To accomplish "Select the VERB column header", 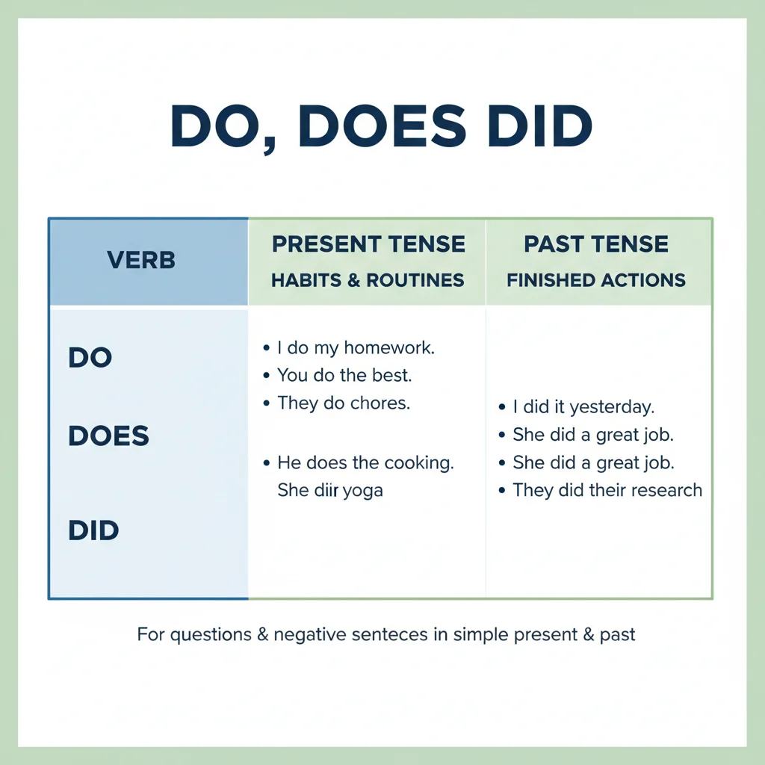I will click(141, 261).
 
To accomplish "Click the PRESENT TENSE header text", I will click(368, 244).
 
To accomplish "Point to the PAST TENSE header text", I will click(596, 244).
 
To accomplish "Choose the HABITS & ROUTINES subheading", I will click(368, 281).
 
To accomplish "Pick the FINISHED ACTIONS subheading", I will click(596, 281).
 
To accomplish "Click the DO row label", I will click(90, 358).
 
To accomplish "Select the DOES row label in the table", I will click(109, 436).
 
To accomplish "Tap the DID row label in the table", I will click(93, 532).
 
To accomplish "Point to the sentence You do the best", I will click(344, 375).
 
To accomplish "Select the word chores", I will click(384, 403).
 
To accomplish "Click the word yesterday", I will click(612, 408).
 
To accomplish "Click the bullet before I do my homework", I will click(267, 348).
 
